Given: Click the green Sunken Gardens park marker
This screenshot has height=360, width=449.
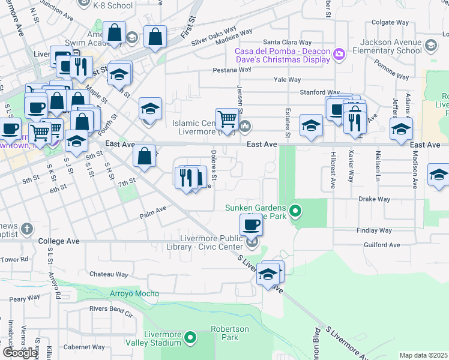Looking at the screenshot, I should [x=295, y=211].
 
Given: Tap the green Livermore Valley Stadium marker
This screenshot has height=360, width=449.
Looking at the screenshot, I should [x=190, y=339].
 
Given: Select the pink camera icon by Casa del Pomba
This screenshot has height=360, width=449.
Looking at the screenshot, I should [x=340, y=55].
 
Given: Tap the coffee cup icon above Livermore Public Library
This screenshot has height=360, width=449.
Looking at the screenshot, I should [x=251, y=225].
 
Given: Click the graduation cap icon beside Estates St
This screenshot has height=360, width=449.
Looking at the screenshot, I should [x=311, y=125].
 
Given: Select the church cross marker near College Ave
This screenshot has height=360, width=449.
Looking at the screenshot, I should [x=26, y=229].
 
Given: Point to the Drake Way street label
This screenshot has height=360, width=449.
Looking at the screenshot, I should [x=375, y=199].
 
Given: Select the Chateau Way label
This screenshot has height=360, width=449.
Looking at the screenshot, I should [x=109, y=274].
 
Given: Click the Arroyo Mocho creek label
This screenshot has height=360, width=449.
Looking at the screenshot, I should [x=134, y=293].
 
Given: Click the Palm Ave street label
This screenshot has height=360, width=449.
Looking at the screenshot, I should [x=152, y=212].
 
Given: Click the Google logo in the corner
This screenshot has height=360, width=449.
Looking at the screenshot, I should [x=20, y=353].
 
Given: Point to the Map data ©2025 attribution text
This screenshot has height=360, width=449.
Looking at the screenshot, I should [x=423, y=355].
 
